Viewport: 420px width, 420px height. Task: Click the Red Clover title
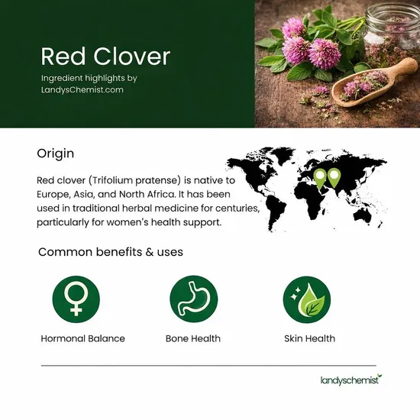point(105,57)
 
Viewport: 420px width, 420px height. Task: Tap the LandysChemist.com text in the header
point(82,90)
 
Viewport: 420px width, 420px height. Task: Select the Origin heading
point(56,153)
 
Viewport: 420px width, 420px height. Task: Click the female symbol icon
point(76,297)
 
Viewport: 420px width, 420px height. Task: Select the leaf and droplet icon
point(309,297)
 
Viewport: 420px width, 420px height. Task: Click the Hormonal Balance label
point(83,338)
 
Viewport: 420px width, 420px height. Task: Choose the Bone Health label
point(193,338)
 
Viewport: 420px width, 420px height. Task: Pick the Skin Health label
point(309,338)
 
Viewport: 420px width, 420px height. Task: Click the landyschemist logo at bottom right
point(350,380)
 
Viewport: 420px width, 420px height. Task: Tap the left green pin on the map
point(320,177)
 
